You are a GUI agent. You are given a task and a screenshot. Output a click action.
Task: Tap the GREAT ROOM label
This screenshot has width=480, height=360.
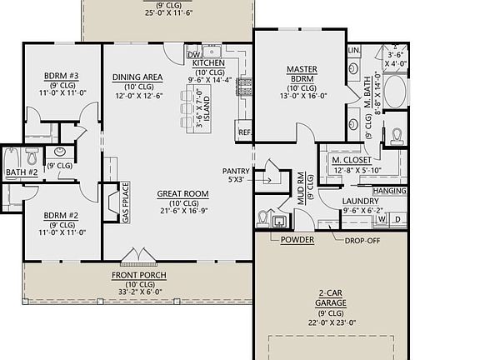tap(182, 194)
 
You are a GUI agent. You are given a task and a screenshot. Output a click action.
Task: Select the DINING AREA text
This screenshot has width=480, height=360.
tap(137, 77)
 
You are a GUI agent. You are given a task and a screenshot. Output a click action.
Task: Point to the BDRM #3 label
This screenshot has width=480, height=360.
tap(61, 76)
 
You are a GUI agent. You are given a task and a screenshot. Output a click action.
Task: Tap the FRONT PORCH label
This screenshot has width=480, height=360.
tap(138, 275)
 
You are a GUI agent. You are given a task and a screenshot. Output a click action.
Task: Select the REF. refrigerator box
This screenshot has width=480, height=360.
tap(244, 132)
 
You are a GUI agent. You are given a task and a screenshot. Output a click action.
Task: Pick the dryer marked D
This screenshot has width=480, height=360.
tap(397, 220)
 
